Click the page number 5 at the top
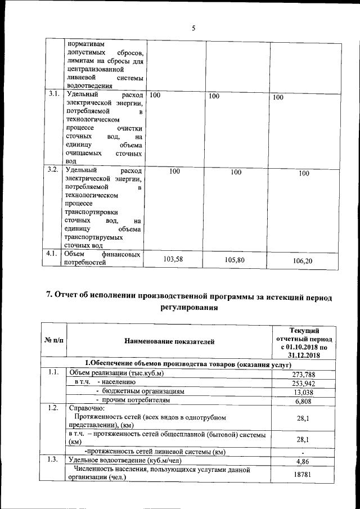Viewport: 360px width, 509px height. point(193,29)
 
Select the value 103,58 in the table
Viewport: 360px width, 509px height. point(173,259)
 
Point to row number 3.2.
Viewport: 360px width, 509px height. point(54,169)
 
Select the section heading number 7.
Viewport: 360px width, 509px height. point(49,296)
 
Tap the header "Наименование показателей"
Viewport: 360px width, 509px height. point(169,341)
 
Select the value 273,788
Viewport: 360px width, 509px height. point(303,374)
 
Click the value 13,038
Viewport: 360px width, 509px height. point(303,392)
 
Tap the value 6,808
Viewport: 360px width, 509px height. point(303,401)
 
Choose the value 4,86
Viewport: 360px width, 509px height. point(303,461)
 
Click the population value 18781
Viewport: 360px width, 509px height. point(303,474)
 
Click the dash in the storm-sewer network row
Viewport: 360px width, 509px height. point(303,452)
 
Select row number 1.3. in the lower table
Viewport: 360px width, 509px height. point(54,461)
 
